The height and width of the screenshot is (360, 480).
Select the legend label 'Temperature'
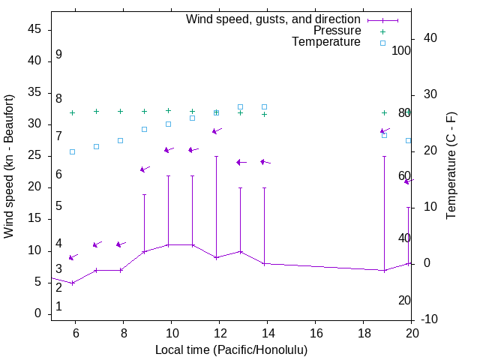[x=326, y=42]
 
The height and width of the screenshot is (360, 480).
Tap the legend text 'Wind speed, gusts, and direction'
[x=274, y=19]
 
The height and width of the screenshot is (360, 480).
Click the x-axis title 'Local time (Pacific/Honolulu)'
[x=231, y=349]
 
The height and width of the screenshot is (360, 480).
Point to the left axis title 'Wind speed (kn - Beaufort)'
[x=9, y=166]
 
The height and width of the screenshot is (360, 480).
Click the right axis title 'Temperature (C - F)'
[x=451, y=166]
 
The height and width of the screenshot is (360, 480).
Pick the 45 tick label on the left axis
[x=34, y=29]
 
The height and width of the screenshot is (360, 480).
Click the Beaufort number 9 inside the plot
[x=58, y=55]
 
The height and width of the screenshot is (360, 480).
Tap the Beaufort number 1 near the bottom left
[x=58, y=307]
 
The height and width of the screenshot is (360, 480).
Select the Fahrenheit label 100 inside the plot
[x=401, y=51]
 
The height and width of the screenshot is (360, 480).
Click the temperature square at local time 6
[x=73, y=151]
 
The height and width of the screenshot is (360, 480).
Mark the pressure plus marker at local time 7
[x=96, y=111]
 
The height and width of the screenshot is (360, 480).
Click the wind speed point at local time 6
[x=73, y=283]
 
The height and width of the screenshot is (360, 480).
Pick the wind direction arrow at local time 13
[x=240, y=162]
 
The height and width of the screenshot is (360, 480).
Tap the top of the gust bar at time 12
[x=216, y=157]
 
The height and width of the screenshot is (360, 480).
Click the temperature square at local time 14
[x=264, y=106]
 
